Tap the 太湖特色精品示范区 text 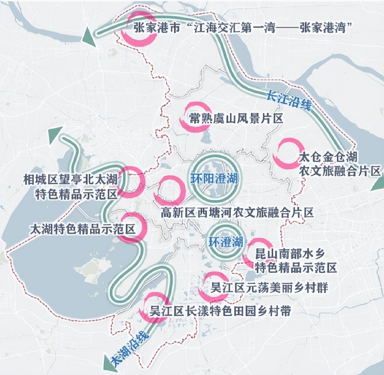click(x=82, y=229)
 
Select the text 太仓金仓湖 click(x=328, y=158)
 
